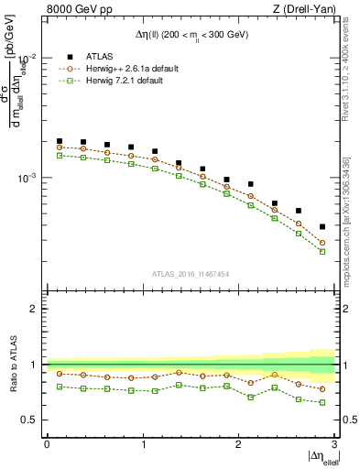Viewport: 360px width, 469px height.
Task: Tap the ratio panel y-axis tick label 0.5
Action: click(x=31, y=420)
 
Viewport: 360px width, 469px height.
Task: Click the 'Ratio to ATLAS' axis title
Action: click(x=13, y=364)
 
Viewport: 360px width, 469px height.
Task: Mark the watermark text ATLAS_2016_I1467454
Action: click(x=191, y=273)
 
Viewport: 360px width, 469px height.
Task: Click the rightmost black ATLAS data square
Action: click(x=322, y=226)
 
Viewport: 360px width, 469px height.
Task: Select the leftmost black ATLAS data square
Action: click(x=60, y=141)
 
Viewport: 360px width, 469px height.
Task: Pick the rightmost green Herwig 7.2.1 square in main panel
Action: click(x=322, y=251)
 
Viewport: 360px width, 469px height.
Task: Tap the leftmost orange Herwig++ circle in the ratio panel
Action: click(x=60, y=374)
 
